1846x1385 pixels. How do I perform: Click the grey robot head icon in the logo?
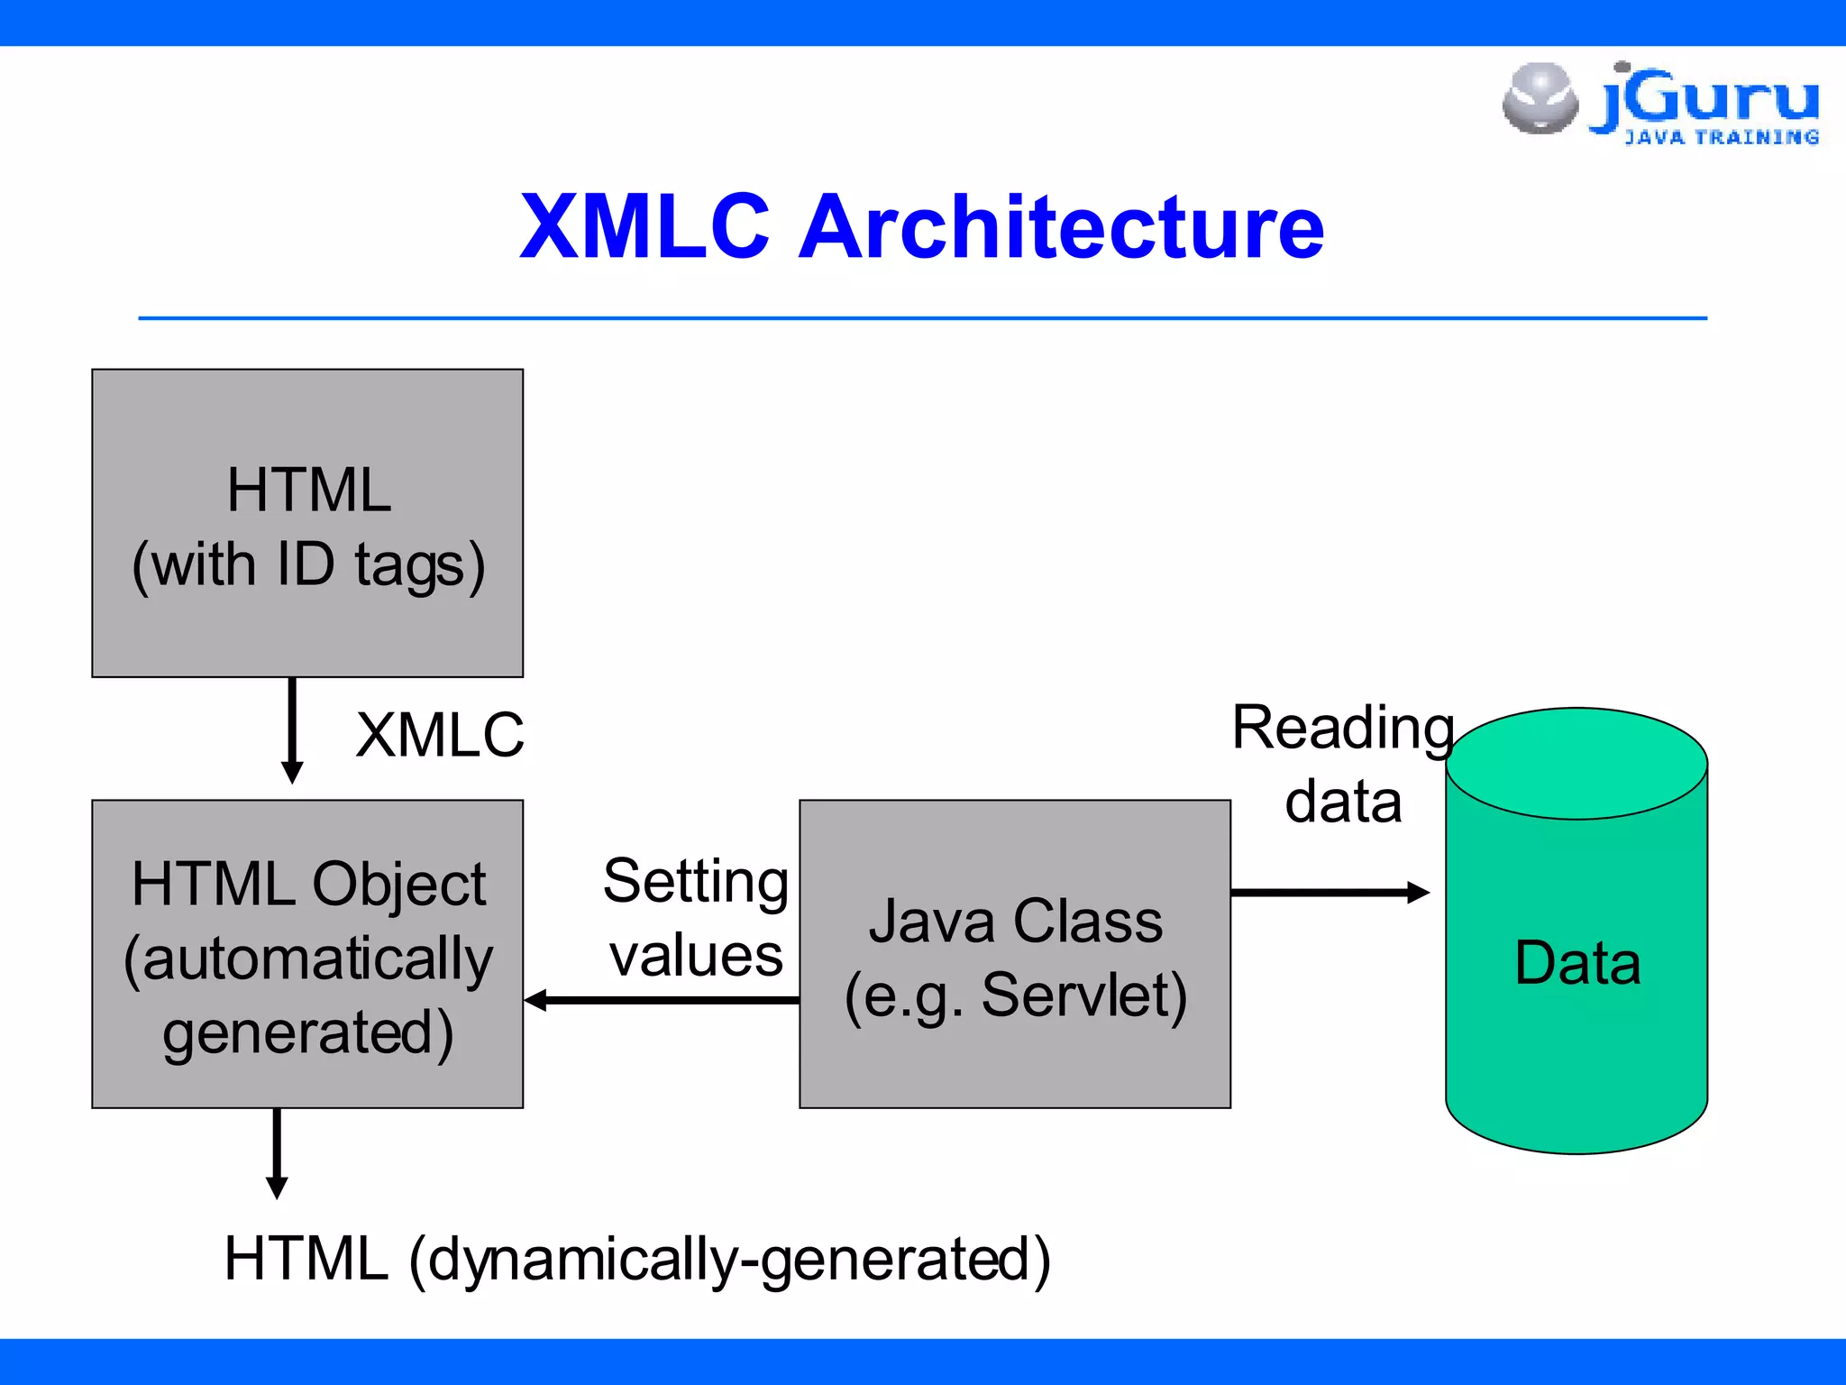click(1540, 98)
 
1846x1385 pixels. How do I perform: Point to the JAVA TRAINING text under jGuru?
click(1722, 138)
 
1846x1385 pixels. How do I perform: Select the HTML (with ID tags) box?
click(307, 523)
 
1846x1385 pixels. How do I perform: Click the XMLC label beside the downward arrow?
click(440, 735)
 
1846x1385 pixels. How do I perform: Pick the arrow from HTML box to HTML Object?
click(292, 730)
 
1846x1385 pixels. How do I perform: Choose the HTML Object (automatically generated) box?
click(307, 954)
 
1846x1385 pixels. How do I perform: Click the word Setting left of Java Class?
click(696, 881)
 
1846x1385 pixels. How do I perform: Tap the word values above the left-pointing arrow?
click(696, 956)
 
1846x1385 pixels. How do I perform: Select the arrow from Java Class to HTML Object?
click(663, 1000)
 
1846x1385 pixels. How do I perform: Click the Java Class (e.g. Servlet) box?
click(1015, 954)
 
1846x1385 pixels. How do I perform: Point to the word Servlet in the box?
click(1084, 995)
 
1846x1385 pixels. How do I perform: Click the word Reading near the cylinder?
click(1343, 729)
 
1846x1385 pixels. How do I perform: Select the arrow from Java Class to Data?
click(1330, 893)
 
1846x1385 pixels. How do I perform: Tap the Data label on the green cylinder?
click(1577, 963)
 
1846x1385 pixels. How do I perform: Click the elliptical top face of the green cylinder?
click(1576, 763)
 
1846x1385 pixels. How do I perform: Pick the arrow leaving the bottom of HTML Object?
click(277, 1154)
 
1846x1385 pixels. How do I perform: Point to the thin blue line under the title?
click(923, 318)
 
